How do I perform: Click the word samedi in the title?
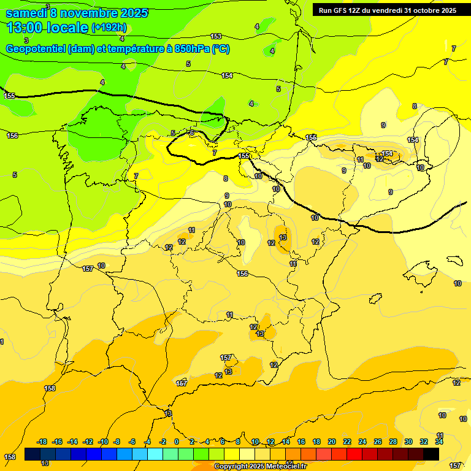coord(27,12)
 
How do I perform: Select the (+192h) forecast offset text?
coord(109,28)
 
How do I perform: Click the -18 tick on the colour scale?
coord(42,442)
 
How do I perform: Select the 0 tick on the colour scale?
coord(177,442)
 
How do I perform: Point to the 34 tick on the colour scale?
coord(439,442)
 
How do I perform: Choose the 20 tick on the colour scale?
coord(332,442)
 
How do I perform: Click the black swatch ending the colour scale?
coord(431,454)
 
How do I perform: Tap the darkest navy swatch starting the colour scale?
coord(33,454)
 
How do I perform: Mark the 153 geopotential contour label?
coord(216,37)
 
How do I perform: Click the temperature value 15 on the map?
coord(283,237)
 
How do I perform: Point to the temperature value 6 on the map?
coord(192,132)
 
